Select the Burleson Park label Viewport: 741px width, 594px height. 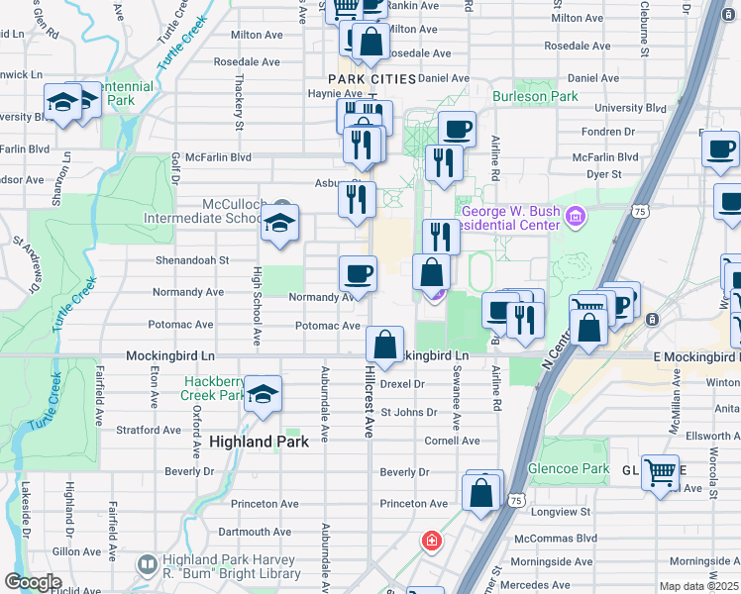pyautogui.click(x=536, y=97)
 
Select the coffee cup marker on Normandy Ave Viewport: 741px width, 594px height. pyautogui.click(x=358, y=273)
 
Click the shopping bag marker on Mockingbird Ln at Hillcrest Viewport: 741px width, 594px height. pyautogui.click(x=384, y=344)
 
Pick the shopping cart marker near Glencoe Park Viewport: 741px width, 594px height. pyautogui.click(x=660, y=471)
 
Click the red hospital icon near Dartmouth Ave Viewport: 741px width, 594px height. pyautogui.click(x=432, y=541)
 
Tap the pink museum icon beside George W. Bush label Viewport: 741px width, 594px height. pyautogui.click(x=575, y=214)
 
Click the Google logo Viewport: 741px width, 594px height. pyautogui.click(x=33, y=582)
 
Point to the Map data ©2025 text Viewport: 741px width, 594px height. pyautogui.click(x=699, y=586)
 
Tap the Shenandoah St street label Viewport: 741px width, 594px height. pyautogui.click(x=191, y=260)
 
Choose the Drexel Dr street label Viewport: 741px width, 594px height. pyautogui.click(x=403, y=383)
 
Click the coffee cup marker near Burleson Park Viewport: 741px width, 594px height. pyautogui.click(x=457, y=129)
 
